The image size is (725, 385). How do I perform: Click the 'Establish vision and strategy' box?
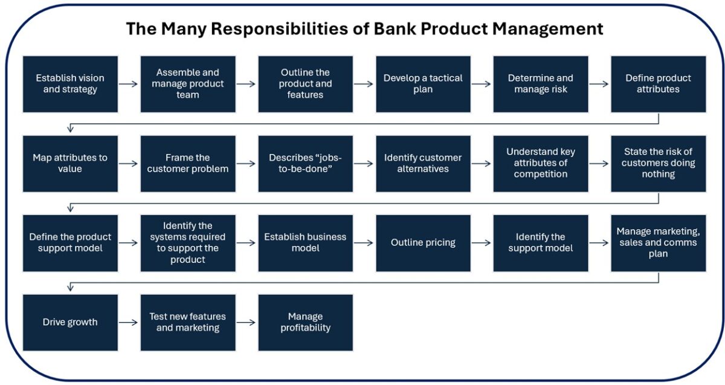click(x=70, y=84)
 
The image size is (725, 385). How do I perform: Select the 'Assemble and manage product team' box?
click(x=188, y=84)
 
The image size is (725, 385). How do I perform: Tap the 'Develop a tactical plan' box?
click(x=423, y=84)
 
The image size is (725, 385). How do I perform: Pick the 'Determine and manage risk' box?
click(x=540, y=84)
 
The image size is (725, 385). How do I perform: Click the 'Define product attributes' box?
click(x=658, y=84)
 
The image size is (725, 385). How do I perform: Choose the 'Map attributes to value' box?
click(x=70, y=164)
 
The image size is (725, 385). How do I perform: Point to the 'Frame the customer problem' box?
click(x=188, y=164)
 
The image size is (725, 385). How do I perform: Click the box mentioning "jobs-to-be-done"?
click(x=305, y=164)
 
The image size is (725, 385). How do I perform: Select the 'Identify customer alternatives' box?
click(x=423, y=164)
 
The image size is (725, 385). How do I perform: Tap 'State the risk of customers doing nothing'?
click(x=658, y=164)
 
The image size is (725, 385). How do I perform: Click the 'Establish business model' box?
click(x=305, y=243)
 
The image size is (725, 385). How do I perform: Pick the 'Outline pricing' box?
click(x=423, y=243)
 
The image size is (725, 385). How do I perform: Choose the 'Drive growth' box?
click(x=70, y=322)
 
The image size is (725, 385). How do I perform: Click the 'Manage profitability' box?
click(x=305, y=322)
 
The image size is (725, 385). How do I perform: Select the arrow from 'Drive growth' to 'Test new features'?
click(x=129, y=322)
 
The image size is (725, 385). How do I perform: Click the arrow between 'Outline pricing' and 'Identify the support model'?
click(x=482, y=243)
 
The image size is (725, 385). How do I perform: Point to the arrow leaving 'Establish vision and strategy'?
click(x=129, y=84)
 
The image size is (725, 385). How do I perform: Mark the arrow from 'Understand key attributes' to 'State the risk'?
click(x=599, y=164)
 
